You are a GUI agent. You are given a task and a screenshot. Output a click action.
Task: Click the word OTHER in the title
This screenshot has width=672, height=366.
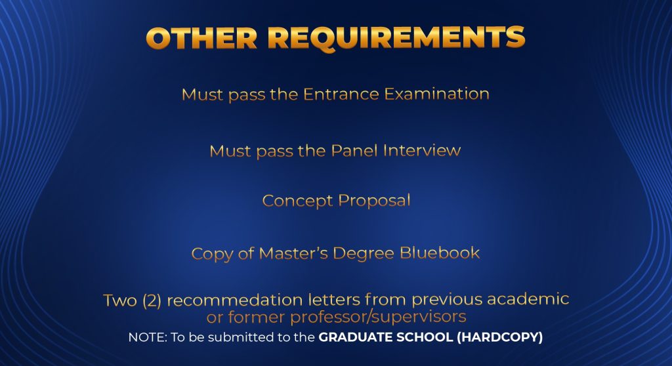[x=202, y=37]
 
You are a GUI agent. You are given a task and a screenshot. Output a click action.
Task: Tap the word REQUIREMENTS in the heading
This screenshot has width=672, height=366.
[x=396, y=39]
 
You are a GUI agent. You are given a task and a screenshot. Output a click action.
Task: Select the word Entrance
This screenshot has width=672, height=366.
[x=341, y=94]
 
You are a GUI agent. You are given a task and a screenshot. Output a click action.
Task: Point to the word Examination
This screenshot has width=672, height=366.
[x=436, y=94]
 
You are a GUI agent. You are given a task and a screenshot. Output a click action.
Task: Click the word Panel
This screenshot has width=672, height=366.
[x=354, y=150]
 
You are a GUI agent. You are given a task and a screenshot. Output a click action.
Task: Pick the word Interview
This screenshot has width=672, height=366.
[x=422, y=150]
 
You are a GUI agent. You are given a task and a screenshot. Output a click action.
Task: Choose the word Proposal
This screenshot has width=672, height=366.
[x=375, y=201]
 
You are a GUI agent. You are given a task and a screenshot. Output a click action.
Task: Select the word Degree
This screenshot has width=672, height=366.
[x=364, y=254]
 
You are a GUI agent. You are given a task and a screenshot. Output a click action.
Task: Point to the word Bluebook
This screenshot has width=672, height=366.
[x=440, y=253]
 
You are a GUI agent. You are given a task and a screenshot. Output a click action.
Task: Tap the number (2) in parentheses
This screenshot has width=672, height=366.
[x=152, y=300]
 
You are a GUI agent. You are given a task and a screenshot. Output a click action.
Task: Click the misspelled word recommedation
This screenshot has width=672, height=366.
[x=235, y=300]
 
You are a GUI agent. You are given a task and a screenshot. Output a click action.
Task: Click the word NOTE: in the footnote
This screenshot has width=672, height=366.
[x=148, y=337]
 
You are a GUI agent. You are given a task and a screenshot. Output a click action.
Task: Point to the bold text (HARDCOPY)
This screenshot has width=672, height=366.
[x=499, y=337]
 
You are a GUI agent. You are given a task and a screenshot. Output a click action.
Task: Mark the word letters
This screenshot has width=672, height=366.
[x=334, y=300]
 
